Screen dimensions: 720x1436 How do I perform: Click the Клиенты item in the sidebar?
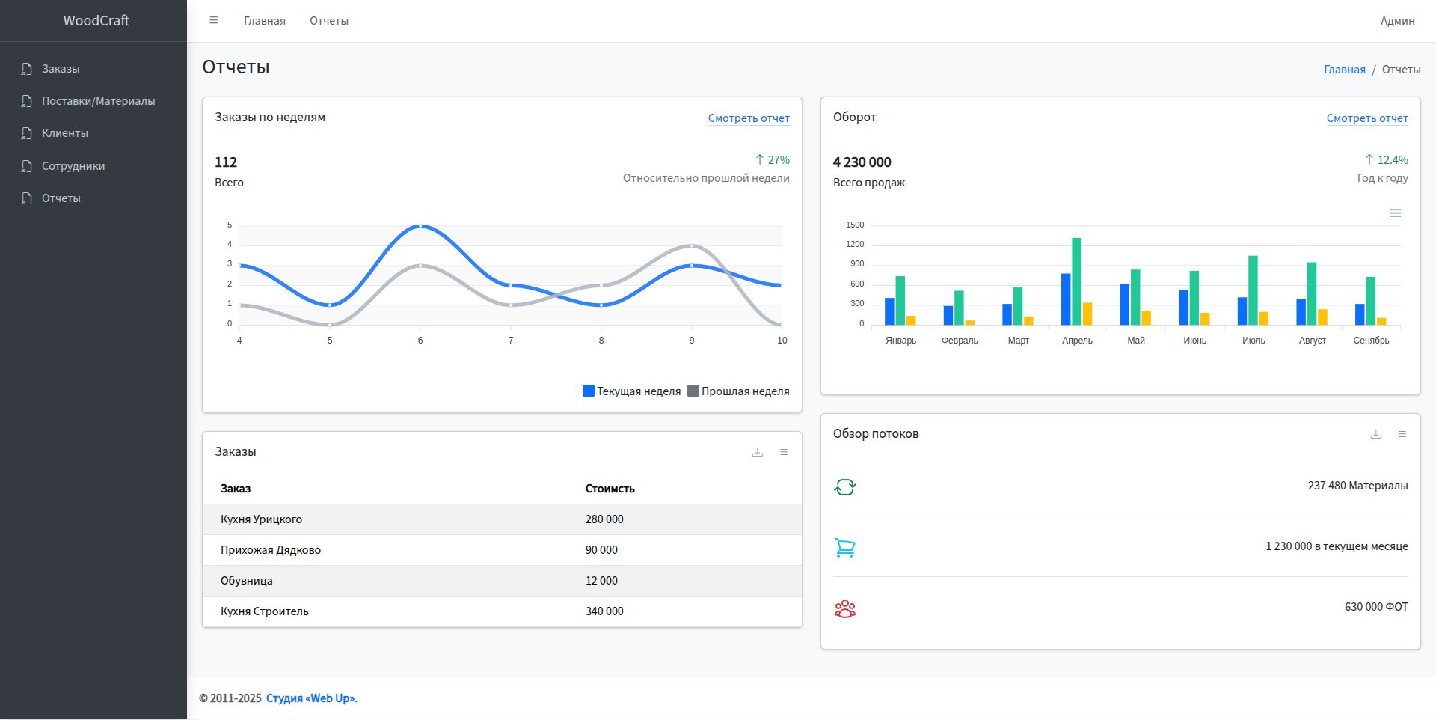(64, 133)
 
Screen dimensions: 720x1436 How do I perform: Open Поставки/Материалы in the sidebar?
(98, 101)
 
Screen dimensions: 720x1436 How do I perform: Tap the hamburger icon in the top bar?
(214, 20)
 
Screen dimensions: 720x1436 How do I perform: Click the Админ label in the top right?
(1397, 21)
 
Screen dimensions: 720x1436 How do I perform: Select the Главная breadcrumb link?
(1344, 70)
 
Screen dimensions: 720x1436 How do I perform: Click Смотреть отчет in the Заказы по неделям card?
(748, 118)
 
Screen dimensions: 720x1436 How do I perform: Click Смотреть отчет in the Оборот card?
(1366, 118)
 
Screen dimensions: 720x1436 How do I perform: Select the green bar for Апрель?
(1076, 281)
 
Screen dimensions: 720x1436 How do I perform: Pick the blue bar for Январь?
(889, 311)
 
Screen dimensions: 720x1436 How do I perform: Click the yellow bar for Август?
(1322, 317)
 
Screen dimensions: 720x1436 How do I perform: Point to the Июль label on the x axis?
(1254, 341)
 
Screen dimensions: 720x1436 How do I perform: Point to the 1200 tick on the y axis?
(855, 245)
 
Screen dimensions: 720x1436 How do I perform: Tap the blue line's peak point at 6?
(420, 225)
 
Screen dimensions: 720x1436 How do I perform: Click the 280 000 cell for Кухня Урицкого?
(604, 519)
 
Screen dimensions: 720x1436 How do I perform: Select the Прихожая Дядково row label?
(271, 550)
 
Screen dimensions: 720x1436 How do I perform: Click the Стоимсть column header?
(610, 489)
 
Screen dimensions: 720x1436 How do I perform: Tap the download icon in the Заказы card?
(758, 452)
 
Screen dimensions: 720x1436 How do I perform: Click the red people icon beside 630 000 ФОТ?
(845, 608)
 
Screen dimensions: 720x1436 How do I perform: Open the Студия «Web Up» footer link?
(311, 698)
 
